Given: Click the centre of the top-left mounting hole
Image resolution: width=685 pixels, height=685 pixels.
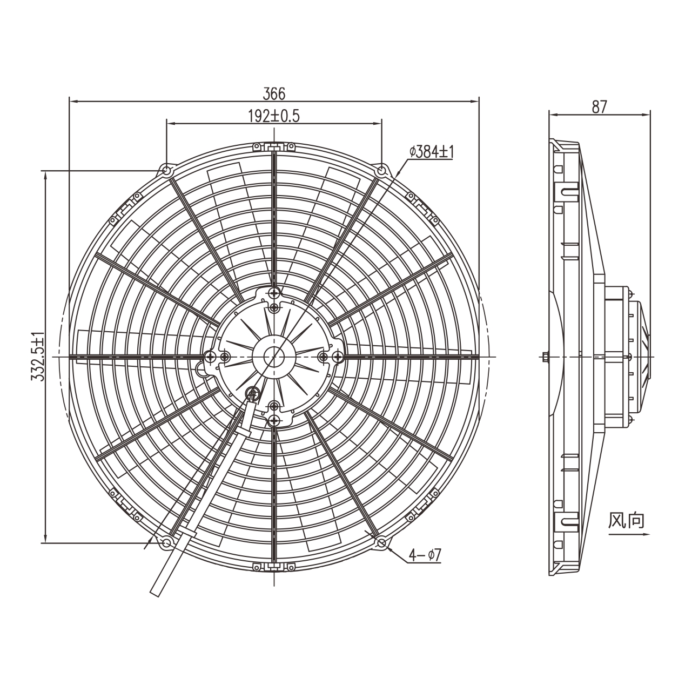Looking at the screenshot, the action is point(167,171).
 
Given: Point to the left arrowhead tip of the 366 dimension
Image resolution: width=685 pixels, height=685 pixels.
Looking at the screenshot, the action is point(70,102).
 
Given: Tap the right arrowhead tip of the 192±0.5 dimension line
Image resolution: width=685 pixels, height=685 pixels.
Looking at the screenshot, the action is point(382,123).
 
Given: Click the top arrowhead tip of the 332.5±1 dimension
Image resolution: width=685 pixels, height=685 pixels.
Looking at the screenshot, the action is point(45,171).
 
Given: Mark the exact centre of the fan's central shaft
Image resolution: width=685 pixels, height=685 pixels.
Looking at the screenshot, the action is point(274,356).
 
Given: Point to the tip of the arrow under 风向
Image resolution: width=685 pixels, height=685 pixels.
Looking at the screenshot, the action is point(650,544).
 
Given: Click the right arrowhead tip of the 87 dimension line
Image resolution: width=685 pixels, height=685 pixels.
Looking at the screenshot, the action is point(650,115).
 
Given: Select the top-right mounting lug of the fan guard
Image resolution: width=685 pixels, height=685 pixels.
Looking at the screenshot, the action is point(381,171).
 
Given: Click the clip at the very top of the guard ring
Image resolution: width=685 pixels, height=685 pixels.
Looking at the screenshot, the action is point(274,147).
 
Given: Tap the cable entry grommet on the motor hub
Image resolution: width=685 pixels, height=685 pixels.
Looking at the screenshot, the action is point(253,393).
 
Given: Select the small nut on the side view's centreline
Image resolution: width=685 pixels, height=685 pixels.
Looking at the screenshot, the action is point(546,356).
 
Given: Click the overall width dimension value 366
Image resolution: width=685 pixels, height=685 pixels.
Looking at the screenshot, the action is point(274,94).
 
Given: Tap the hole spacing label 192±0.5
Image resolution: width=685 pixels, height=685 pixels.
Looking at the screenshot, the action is point(274,116).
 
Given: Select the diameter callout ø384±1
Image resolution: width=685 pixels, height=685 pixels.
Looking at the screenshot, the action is point(431,152).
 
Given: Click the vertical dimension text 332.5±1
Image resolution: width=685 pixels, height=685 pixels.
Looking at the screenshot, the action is point(38,357).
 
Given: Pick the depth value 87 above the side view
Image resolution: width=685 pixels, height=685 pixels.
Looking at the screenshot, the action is point(599,107).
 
